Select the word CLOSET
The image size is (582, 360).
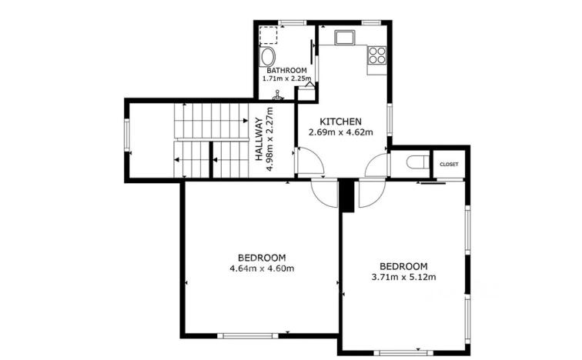point(448,165)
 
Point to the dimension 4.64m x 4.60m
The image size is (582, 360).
point(262,268)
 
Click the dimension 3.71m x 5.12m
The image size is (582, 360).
point(404,278)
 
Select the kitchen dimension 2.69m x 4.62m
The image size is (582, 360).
point(341,132)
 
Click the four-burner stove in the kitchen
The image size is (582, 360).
point(376,55)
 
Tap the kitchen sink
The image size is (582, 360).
point(343,36)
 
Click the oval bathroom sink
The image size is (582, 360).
point(267,58)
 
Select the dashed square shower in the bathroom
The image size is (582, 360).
point(269,35)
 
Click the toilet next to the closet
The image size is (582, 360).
point(416,162)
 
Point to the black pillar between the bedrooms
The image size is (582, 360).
point(347,195)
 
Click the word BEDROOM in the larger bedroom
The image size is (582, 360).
point(262,258)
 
